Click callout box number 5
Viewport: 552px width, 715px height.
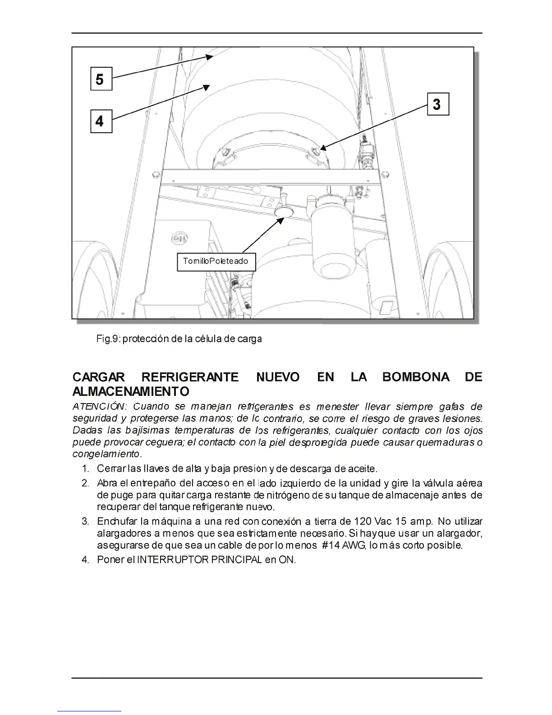[x=101, y=79]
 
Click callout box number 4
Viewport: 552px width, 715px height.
[x=101, y=121]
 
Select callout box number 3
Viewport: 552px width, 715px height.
[x=437, y=104]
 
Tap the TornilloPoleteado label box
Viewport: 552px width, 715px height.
[x=216, y=261]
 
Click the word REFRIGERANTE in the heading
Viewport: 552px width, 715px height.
[x=190, y=377]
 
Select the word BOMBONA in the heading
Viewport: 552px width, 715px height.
[x=415, y=377]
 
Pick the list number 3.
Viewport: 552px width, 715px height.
[x=85, y=522]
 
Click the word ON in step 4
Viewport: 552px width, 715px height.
[x=287, y=560]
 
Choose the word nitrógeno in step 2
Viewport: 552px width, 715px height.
[x=289, y=496]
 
